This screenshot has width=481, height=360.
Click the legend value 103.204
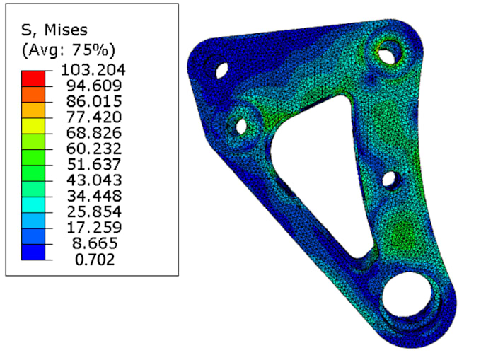(x=93, y=69)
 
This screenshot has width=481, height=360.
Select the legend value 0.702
(x=95, y=260)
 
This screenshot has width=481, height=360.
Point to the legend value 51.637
(x=94, y=164)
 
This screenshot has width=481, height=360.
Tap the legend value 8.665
(x=95, y=243)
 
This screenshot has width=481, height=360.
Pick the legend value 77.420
(x=94, y=117)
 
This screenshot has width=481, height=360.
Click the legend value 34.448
(x=94, y=196)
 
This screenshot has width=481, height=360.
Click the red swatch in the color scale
(x=33, y=79)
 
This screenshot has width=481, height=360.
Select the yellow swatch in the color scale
(x=33, y=126)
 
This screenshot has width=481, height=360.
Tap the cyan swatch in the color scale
(x=33, y=205)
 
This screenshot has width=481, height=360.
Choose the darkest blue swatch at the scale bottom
(x=33, y=252)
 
